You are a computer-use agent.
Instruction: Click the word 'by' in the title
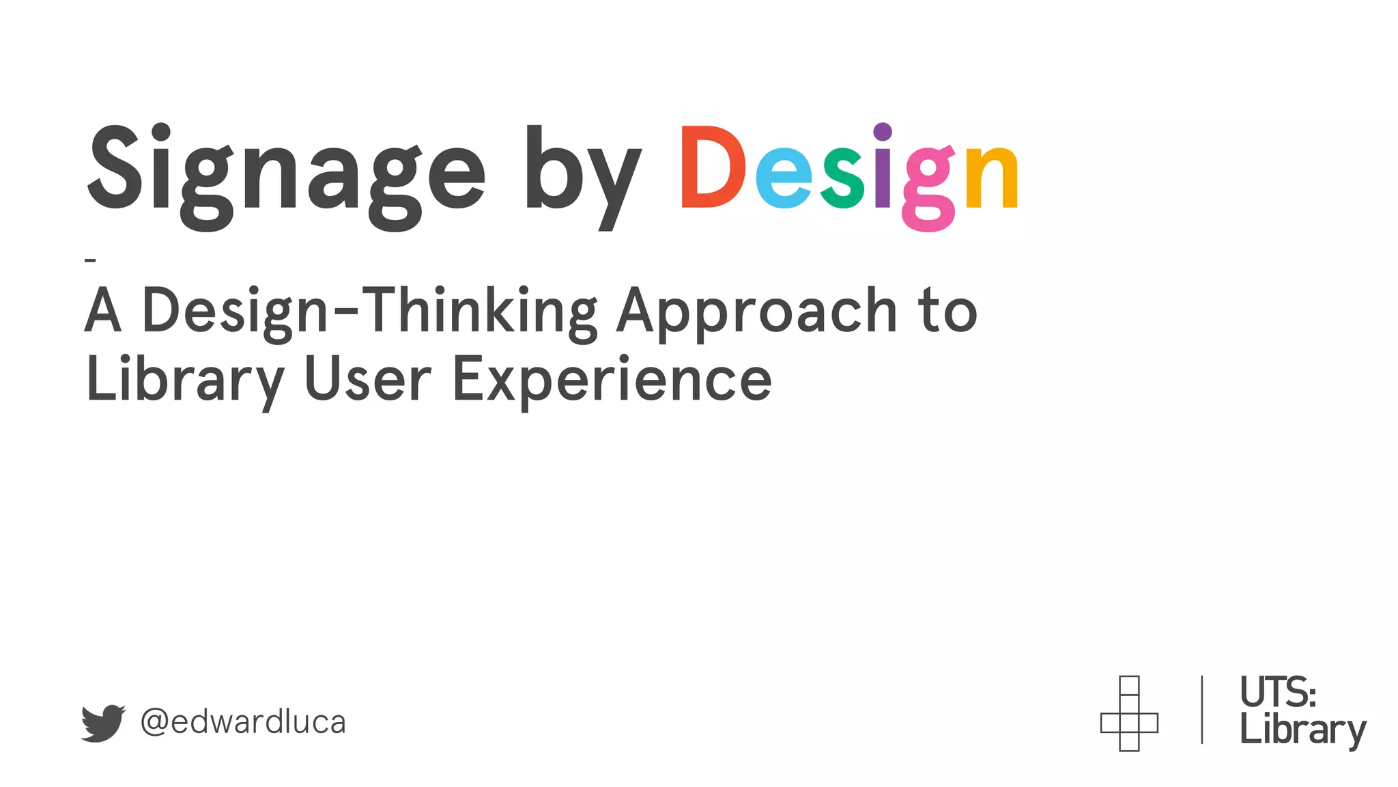click(x=582, y=174)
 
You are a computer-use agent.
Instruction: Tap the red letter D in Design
click(x=712, y=167)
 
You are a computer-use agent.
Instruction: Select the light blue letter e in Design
click(x=784, y=178)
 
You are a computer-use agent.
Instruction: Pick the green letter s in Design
click(x=843, y=178)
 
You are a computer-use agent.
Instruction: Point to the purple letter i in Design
click(x=883, y=167)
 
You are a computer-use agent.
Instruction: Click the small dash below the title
click(x=90, y=260)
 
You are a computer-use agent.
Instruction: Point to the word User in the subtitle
click(x=367, y=379)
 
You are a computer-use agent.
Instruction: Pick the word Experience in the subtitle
click(x=612, y=381)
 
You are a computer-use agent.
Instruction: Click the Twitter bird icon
click(x=103, y=723)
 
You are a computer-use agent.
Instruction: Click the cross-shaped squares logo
click(x=1129, y=714)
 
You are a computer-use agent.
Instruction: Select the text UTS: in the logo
click(x=1277, y=693)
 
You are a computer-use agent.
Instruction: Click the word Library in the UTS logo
click(x=1302, y=730)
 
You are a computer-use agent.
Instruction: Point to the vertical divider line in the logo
click(x=1201, y=710)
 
